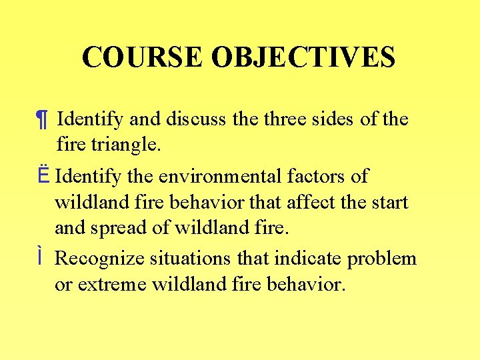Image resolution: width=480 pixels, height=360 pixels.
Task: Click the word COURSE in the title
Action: point(143,57)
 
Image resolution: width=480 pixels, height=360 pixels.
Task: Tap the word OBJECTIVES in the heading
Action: point(303,57)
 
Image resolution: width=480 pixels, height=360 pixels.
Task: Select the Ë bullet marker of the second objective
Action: point(42,177)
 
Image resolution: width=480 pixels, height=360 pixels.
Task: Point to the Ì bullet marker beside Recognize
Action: point(41,257)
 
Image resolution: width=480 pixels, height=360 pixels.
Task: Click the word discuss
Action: point(197,119)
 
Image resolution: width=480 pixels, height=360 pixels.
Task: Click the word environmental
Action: point(219,177)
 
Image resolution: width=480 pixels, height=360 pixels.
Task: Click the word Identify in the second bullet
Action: point(87,177)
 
